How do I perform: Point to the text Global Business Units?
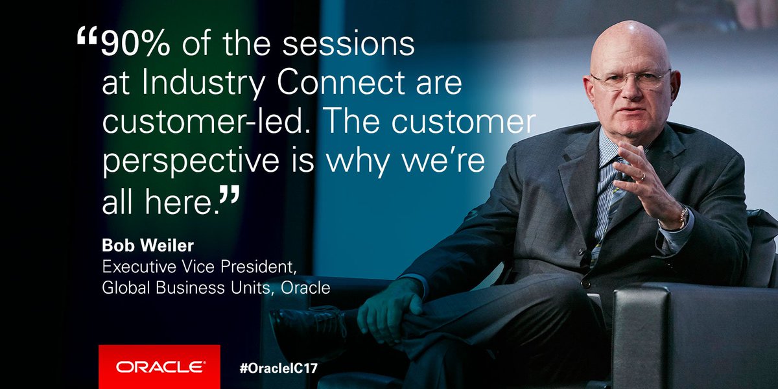tap(188, 288)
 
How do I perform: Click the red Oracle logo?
tap(159, 367)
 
